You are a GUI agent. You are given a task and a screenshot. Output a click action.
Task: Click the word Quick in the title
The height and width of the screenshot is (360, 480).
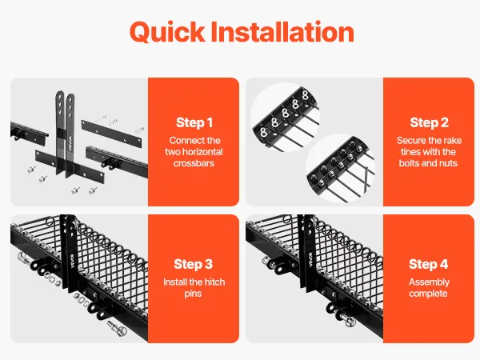(167, 33)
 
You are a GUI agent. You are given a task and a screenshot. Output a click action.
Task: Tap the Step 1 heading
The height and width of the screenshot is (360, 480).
(194, 122)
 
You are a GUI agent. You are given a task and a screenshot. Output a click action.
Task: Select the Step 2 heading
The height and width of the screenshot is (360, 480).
(429, 122)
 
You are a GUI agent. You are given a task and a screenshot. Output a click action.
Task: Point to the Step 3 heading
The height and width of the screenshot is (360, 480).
(193, 264)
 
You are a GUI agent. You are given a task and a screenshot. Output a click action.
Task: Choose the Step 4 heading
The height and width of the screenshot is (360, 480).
(428, 264)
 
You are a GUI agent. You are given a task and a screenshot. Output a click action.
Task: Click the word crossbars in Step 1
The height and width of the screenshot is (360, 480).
(194, 163)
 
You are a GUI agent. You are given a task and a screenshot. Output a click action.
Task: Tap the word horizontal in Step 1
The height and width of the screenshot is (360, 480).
(203, 152)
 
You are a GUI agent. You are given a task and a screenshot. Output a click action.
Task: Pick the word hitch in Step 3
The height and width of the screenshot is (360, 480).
(214, 282)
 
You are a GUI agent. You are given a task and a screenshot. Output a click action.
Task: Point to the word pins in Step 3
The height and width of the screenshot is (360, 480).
(193, 294)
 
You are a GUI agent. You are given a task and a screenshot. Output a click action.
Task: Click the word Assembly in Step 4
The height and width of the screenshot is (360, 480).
(429, 282)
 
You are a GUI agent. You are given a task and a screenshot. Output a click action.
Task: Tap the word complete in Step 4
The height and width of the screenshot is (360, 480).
(428, 294)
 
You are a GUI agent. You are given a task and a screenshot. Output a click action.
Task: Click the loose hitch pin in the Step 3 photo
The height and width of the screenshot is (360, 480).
(117, 328)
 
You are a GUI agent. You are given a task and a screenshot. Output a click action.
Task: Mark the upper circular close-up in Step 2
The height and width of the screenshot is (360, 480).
(286, 118)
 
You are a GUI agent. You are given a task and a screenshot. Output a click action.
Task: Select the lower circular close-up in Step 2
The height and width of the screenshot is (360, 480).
(341, 168)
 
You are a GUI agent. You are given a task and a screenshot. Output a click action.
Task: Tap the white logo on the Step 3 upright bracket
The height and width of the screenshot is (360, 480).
(72, 261)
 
